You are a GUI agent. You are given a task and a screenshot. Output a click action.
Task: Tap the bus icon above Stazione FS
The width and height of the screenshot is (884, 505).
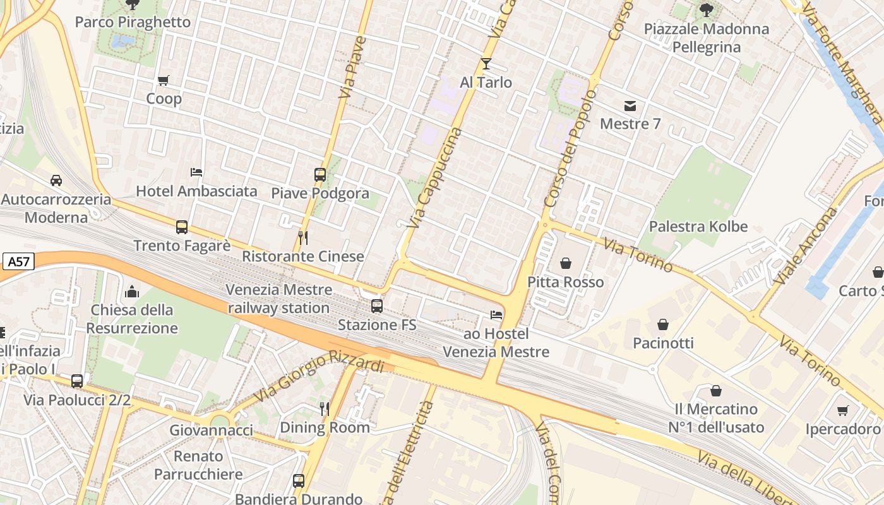click(377, 306)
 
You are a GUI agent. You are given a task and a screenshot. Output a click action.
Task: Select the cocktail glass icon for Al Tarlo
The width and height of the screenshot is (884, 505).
click(486, 64)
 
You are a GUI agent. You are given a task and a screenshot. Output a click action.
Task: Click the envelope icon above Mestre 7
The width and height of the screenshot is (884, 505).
click(630, 105)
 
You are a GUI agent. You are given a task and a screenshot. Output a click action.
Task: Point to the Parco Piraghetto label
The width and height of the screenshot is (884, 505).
click(133, 22)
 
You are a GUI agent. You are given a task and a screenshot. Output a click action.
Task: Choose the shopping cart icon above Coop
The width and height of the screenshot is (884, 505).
click(164, 80)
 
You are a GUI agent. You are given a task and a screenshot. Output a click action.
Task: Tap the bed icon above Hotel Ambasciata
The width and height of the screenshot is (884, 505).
click(196, 172)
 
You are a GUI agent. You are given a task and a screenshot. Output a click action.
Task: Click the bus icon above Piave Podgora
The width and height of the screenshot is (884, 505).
click(320, 174)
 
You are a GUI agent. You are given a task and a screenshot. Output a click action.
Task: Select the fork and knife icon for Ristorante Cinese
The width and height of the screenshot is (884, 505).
click(303, 237)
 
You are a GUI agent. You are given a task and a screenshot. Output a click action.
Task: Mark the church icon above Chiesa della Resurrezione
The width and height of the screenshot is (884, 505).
click(132, 291)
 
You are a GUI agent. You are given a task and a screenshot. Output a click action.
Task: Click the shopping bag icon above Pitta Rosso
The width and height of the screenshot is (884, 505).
click(566, 263)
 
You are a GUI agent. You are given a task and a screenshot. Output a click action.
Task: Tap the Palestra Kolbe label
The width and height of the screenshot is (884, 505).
click(698, 227)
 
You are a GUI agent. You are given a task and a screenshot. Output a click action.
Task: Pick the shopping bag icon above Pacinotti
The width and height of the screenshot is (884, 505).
click(663, 324)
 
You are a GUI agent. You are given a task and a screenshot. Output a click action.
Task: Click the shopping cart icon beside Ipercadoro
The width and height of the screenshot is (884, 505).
click(842, 411)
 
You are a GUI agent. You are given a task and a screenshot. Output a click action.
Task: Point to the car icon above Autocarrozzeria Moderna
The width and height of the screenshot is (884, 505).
click(56, 181)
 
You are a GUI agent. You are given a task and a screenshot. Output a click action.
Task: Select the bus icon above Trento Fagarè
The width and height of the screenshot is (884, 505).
click(182, 227)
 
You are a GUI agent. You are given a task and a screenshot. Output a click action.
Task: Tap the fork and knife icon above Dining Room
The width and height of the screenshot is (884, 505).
click(325, 408)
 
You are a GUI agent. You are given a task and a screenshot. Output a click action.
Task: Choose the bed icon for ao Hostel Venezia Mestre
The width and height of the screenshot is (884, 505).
click(496, 315)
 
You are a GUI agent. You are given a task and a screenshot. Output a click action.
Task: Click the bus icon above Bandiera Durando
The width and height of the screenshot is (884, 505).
click(299, 480)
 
